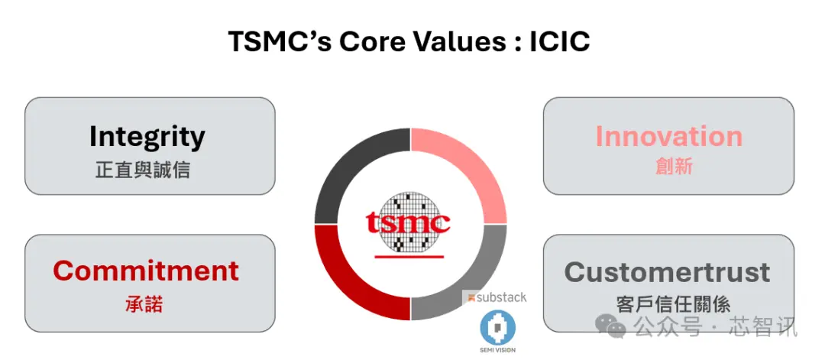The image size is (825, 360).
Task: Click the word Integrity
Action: (x=147, y=137)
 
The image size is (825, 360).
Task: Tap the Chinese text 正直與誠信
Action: (x=143, y=170)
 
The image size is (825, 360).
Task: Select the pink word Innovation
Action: (x=668, y=136)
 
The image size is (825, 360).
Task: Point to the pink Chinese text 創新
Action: (x=674, y=167)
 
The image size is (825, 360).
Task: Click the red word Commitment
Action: (x=146, y=271)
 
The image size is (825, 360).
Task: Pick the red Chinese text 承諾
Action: (x=144, y=304)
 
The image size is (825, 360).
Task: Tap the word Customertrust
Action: (x=667, y=273)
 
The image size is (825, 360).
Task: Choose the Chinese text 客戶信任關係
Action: (x=673, y=305)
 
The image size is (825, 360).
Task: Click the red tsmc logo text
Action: (x=408, y=222)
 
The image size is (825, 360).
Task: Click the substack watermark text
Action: (x=494, y=297)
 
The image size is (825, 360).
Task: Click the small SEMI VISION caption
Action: (x=498, y=350)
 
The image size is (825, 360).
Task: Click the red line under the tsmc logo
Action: (x=409, y=256)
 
